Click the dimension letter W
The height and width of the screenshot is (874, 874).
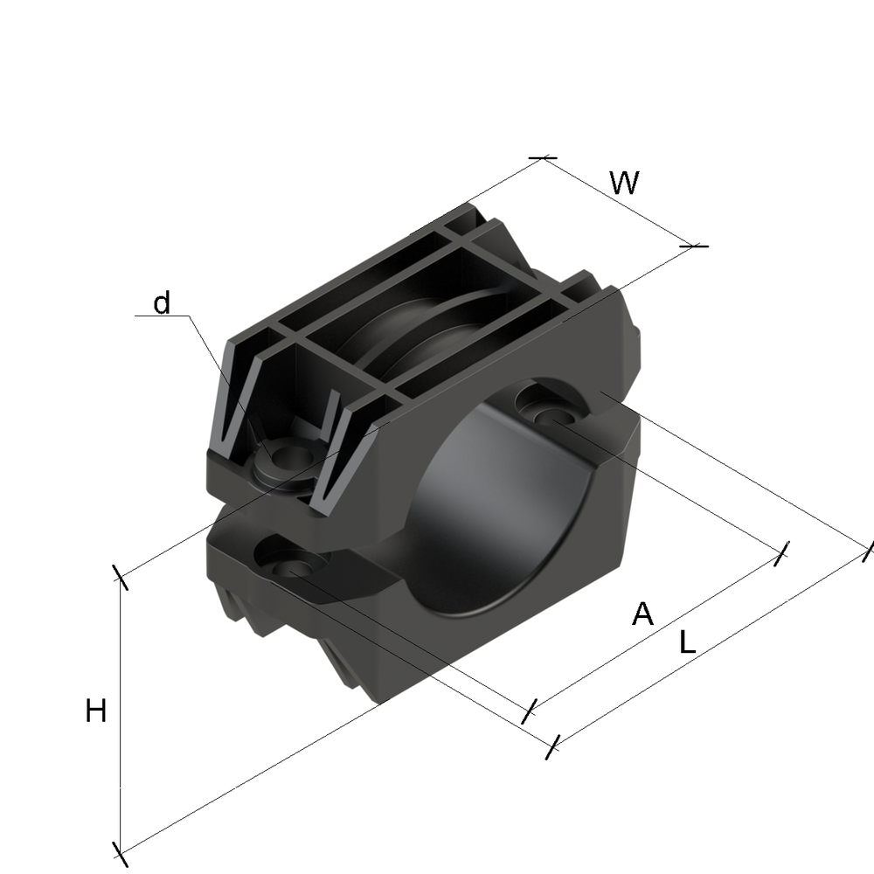click(x=624, y=183)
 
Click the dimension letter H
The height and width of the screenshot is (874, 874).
click(x=96, y=711)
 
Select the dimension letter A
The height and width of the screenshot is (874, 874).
click(x=642, y=614)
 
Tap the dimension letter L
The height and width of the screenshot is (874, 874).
click(x=688, y=642)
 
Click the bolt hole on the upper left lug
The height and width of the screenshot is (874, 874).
click(x=292, y=455)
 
